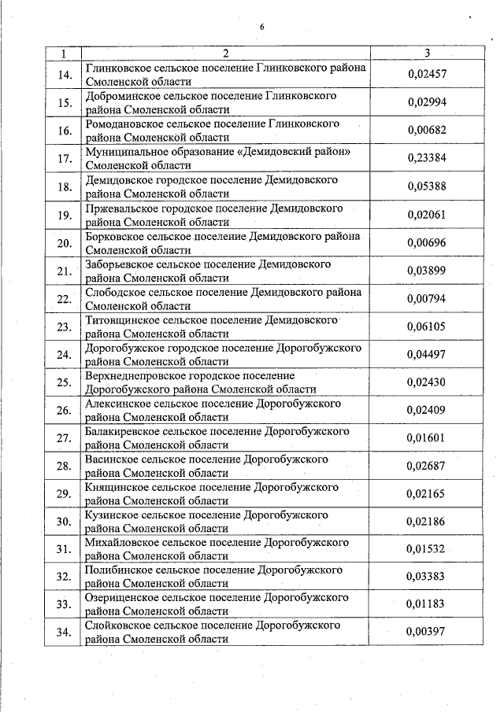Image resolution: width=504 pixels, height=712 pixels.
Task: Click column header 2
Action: [225, 53]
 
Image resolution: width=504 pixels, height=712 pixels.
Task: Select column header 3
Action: [426, 53]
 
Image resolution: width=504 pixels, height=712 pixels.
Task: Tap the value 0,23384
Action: [427, 158]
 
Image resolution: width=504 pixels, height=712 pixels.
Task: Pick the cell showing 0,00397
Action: [427, 631]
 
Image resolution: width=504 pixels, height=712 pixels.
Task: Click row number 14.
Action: [65, 75]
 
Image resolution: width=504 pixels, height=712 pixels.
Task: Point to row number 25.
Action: [65, 382]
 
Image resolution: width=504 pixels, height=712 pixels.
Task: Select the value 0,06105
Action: [427, 326]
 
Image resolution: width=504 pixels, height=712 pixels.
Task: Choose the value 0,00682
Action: [427, 130]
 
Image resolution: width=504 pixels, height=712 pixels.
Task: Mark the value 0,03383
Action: [427, 576]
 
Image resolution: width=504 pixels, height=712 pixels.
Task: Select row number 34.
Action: [65, 632]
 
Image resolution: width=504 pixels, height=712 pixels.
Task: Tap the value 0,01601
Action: [427, 437]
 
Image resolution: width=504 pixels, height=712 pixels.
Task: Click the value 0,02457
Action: [427, 74]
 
